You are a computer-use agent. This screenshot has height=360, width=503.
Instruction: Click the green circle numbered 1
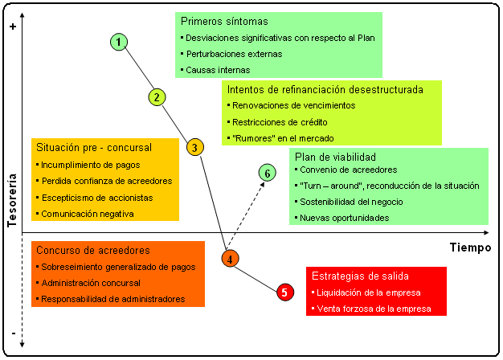(x=119, y=42)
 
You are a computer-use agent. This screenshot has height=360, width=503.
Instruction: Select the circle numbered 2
(x=157, y=97)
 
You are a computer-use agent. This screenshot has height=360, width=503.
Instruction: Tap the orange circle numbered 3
(x=194, y=146)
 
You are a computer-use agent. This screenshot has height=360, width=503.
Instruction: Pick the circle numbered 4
(x=231, y=259)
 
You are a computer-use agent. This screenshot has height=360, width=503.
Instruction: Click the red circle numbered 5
(x=284, y=292)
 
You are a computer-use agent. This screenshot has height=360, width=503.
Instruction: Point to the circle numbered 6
(x=268, y=172)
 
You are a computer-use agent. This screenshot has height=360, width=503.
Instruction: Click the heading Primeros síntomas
(x=224, y=21)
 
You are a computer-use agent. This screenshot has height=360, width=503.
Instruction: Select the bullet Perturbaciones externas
(x=235, y=54)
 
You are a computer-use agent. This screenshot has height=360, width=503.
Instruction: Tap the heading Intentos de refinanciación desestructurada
(x=325, y=89)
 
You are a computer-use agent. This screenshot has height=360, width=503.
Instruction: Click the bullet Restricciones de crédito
(x=280, y=122)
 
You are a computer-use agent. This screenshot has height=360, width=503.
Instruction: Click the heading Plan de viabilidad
(x=335, y=157)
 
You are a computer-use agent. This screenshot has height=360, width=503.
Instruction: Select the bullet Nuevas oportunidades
(x=345, y=218)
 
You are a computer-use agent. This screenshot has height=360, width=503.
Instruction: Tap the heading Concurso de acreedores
(x=93, y=251)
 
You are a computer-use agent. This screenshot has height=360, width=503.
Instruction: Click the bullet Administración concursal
(x=92, y=283)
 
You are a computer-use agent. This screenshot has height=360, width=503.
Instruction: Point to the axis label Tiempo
(x=470, y=247)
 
